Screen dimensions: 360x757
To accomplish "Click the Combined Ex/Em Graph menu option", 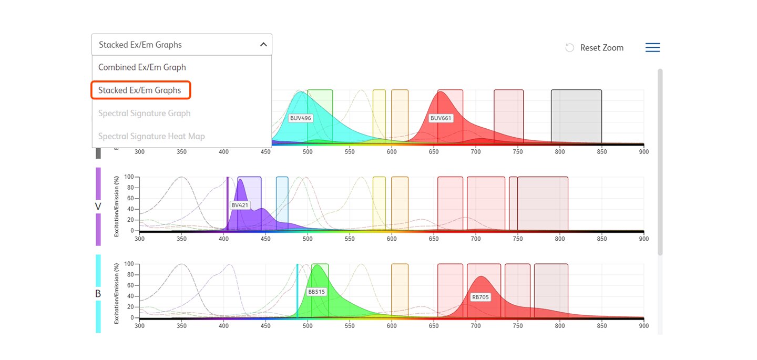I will click(142, 67).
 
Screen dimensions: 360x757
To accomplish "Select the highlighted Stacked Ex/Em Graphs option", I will click(140, 90).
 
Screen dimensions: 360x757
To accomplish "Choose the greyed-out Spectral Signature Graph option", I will click(144, 114).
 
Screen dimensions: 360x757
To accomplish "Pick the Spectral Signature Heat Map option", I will click(151, 137).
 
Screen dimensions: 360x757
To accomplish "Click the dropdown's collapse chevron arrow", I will click(263, 45).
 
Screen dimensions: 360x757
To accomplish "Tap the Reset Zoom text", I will click(601, 48).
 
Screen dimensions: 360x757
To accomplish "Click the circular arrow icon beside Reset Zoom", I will click(569, 48).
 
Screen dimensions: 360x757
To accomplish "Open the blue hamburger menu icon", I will click(652, 48).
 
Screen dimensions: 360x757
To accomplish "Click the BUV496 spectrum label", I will click(301, 118).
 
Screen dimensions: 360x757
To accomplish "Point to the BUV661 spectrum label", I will click(441, 118).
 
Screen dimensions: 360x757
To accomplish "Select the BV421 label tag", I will click(240, 205).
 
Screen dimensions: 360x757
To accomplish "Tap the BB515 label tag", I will click(316, 292).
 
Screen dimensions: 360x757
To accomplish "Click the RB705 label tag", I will click(480, 297).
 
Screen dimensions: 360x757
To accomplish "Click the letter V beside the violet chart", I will click(98, 207).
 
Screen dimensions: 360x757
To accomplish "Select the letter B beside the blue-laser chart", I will click(98, 294).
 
